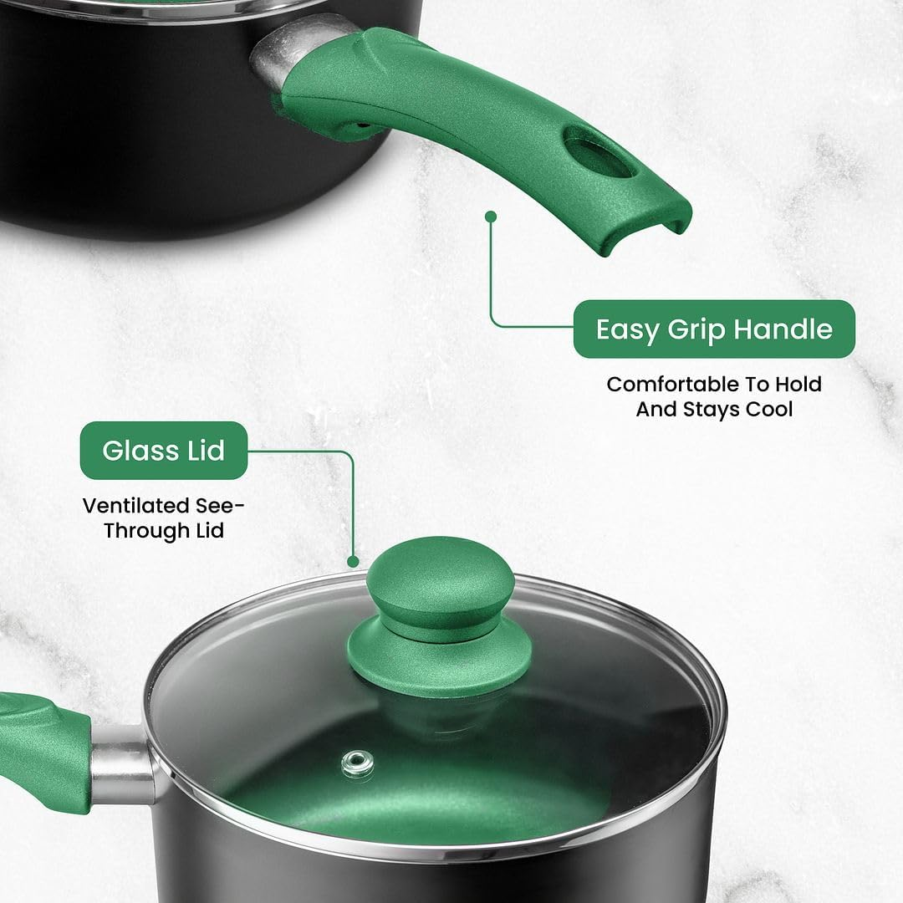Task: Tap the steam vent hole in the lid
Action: [358, 762]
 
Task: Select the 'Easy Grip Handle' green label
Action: [714, 329]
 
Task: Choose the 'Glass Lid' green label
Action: [164, 451]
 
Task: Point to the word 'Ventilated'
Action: [137, 506]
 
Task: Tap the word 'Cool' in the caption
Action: [766, 410]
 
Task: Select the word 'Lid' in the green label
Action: [202, 451]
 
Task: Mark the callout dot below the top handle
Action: [491, 216]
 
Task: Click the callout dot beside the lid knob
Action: [353, 562]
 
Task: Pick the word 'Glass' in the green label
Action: [139, 451]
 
